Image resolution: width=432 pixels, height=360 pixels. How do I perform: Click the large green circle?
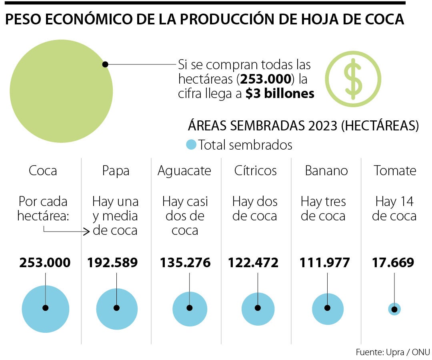coord(61,91)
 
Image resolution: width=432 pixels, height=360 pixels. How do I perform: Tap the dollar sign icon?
coord(353,79)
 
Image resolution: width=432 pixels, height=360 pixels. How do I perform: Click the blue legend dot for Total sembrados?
coord(192,144)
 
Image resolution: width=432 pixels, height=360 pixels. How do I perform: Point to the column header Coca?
coord(43,171)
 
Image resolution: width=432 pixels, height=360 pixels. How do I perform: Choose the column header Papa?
coord(116,171)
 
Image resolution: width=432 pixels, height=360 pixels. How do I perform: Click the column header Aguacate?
coord(184,171)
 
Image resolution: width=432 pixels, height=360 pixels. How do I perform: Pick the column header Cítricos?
coord(256,171)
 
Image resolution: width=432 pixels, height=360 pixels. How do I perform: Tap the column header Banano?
coord(326,171)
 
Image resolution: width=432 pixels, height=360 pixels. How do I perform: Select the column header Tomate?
coord(395,171)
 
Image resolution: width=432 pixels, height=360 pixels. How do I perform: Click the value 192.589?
coord(112,263)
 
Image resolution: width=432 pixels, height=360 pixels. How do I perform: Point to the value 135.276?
coord(185,263)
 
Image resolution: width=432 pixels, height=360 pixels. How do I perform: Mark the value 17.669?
coord(393,263)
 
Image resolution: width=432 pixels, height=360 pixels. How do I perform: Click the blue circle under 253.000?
coord(45,308)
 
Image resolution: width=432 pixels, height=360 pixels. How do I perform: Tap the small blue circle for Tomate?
coord(394,309)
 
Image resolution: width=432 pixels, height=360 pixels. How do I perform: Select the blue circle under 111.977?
coord(328,309)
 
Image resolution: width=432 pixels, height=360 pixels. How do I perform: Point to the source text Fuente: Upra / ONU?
coord(392,352)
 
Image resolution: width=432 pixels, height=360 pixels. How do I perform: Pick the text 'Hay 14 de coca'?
coord(394,209)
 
